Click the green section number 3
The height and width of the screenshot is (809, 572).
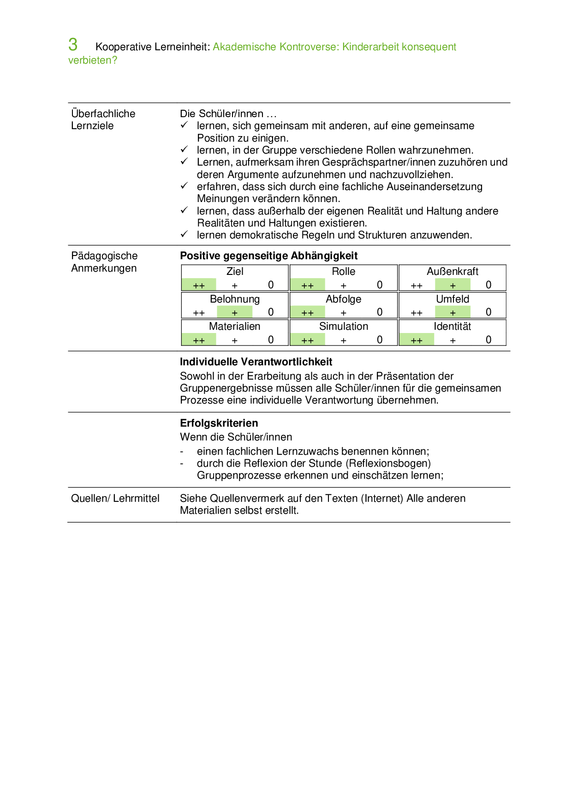click(x=73, y=45)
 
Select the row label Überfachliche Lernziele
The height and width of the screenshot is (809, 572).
click(x=103, y=119)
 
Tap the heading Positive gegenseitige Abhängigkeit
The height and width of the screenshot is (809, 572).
click(x=268, y=256)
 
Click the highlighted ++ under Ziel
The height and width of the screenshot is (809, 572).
click(x=199, y=286)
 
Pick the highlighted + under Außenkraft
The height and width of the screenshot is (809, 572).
click(x=453, y=286)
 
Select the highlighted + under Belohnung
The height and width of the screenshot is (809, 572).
click(x=235, y=313)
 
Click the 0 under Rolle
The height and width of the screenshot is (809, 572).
click(x=380, y=285)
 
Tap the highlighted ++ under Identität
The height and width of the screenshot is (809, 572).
click(x=417, y=340)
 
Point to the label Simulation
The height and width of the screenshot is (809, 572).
click(x=344, y=327)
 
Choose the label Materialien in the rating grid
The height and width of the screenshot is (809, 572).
click(x=234, y=327)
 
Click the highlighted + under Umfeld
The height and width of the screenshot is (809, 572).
click(x=453, y=313)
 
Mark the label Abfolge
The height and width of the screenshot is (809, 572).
click(x=343, y=299)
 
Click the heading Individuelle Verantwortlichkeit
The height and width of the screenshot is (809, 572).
click(x=256, y=362)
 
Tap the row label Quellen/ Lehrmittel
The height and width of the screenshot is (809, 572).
click(x=115, y=499)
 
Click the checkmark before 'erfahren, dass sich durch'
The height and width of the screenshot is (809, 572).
click(x=184, y=186)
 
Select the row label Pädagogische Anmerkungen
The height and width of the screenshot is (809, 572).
click(x=104, y=262)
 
